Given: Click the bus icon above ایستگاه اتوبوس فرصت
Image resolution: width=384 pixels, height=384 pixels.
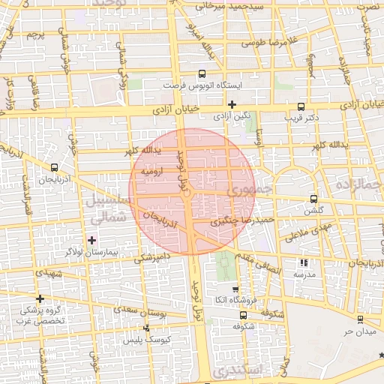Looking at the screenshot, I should [x=201, y=73].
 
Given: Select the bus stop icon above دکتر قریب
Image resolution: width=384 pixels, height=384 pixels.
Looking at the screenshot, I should [x=301, y=106].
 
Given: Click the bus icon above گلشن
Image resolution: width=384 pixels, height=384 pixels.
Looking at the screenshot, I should [x=313, y=199].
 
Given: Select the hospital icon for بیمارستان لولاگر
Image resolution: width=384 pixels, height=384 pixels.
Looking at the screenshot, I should [x=92, y=240].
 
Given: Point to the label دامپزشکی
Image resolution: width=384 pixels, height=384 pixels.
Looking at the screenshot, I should [x=152, y=258].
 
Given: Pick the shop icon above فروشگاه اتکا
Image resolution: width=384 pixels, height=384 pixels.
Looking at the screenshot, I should [x=235, y=289].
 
